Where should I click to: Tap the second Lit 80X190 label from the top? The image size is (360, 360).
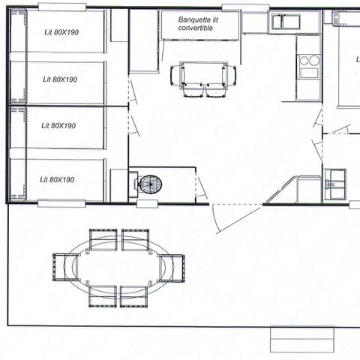pyautogui.click(x=60, y=79)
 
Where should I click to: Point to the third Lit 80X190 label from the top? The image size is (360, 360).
pyautogui.click(x=59, y=125)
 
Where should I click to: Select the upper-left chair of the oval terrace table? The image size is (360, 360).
pyautogui.click(x=102, y=238)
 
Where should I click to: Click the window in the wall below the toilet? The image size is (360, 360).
pyautogui.click(x=148, y=203)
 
